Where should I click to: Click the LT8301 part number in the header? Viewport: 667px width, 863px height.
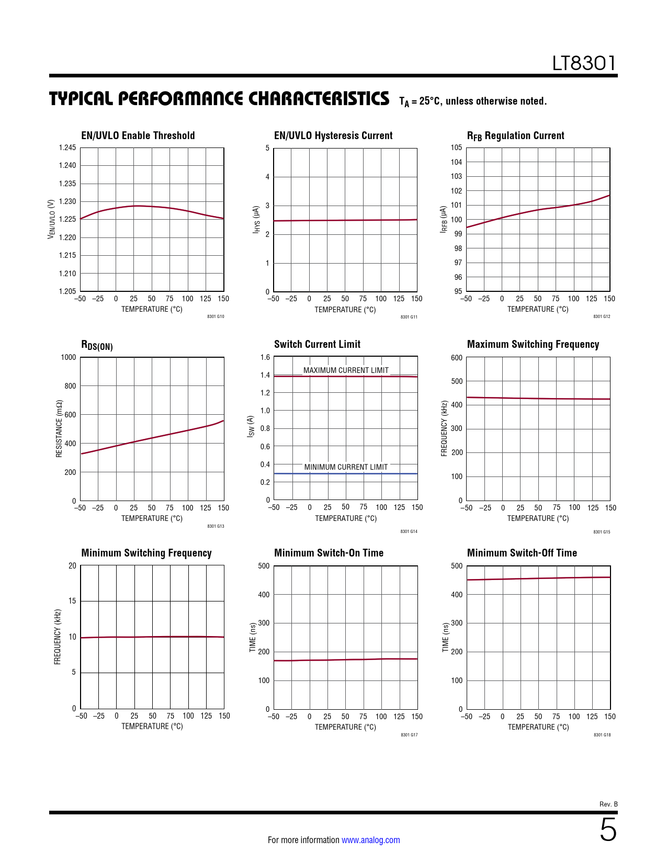[x=584, y=64]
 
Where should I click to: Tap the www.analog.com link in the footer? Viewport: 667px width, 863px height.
[x=370, y=840]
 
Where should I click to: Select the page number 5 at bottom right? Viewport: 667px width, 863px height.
[x=608, y=830]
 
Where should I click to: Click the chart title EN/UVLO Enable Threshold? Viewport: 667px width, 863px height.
[x=138, y=135]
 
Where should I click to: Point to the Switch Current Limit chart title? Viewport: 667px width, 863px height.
[x=317, y=344]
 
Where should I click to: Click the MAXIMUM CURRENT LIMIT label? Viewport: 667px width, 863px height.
[x=346, y=370]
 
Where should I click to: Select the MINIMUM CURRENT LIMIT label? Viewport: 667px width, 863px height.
[x=346, y=467]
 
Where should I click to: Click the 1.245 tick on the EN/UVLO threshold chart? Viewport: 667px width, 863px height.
[x=67, y=147]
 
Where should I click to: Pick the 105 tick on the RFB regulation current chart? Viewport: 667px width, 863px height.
[x=457, y=147]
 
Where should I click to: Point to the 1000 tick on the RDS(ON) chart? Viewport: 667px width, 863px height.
[x=69, y=357]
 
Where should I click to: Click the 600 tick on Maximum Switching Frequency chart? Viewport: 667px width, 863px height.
[x=457, y=358]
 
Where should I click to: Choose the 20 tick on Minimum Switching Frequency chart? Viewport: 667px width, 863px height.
[x=72, y=565]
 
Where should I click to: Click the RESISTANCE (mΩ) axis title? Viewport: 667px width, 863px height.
[x=59, y=429]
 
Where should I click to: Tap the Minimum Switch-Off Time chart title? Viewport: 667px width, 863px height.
[x=522, y=553]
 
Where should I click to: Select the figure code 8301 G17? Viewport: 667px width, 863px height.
[x=409, y=735]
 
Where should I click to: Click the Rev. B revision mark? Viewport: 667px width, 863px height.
[x=608, y=804]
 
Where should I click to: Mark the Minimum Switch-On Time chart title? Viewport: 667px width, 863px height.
[x=329, y=553]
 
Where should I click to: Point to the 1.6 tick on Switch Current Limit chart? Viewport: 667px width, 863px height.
[x=265, y=357]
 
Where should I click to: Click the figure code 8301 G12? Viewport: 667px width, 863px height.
[x=602, y=316]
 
